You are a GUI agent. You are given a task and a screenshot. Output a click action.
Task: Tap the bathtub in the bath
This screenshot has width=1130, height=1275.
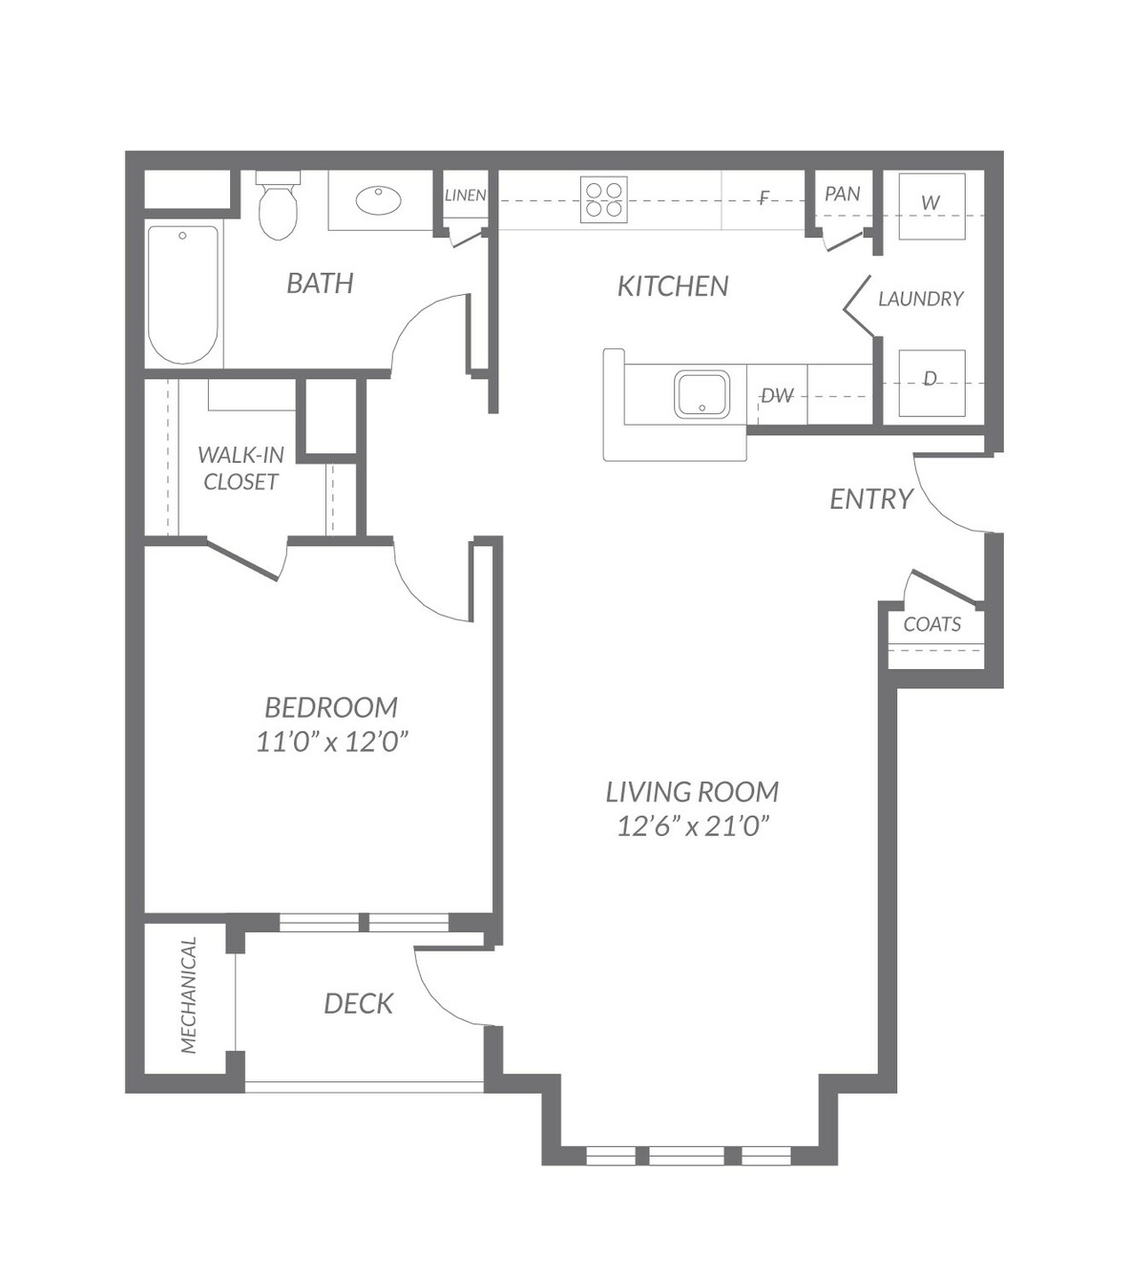tap(183, 295)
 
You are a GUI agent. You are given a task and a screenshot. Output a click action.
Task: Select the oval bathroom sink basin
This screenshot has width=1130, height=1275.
tap(378, 200)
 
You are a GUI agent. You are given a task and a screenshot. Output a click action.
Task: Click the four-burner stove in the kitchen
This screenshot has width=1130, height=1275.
tap(604, 199)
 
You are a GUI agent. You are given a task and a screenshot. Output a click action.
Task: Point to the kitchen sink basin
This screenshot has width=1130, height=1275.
tap(701, 394)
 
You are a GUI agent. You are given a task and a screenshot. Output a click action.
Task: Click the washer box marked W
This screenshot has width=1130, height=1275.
tap(931, 206)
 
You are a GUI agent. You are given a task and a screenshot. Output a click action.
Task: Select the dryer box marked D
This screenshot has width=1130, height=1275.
tap(931, 384)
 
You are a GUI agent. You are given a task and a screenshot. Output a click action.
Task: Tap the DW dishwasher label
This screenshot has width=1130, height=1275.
tap(777, 396)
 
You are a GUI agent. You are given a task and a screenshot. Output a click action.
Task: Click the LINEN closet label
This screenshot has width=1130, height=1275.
tap(465, 196)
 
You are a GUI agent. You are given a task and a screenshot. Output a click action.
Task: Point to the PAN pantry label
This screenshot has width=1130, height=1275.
tap(843, 194)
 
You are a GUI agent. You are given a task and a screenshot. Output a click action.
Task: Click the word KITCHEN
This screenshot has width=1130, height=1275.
tap(673, 286)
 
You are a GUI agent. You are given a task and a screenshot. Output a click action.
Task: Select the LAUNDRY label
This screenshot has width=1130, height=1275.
tap(921, 299)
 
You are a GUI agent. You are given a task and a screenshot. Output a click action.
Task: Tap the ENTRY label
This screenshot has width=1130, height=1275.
tap(871, 499)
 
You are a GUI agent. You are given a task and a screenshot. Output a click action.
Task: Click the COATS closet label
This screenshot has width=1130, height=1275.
tap(932, 624)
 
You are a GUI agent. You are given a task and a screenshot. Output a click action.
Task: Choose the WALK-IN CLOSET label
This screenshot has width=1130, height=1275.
tap(241, 469)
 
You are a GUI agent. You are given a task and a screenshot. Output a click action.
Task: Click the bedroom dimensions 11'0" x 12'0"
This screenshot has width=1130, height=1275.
tap(332, 742)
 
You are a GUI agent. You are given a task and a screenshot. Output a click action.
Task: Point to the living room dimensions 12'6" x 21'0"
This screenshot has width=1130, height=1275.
tap(693, 826)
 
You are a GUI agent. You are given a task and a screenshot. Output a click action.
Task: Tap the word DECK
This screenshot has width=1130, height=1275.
tap(358, 1004)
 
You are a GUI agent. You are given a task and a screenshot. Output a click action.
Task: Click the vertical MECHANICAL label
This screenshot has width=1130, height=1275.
tap(189, 995)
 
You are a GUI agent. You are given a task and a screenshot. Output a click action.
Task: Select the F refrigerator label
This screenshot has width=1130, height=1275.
tap(764, 199)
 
